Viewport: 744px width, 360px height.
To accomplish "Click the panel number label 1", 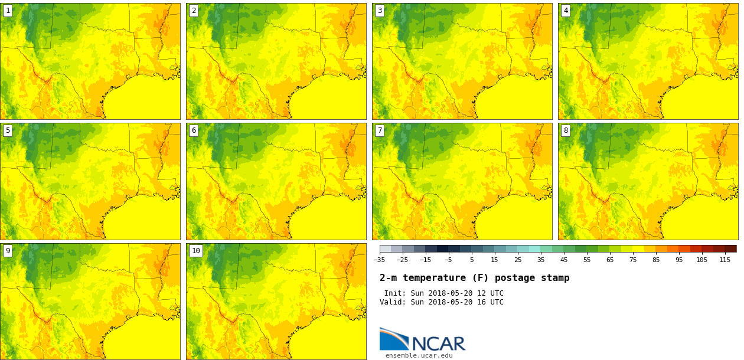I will click(x=8, y=11).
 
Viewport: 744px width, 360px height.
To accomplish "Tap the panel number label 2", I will click(x=194, y=11).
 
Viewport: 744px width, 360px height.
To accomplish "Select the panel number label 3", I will click(x=380, y=11).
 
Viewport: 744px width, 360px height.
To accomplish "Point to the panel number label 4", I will click(x=566, y=11).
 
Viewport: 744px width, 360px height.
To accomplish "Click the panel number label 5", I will click(x=8, y=130).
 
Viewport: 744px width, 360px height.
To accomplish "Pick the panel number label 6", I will click(x=194, y=130).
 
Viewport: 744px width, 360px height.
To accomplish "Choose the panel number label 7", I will click(x=380, y=130).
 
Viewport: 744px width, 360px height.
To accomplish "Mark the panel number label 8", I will click(x=566, y=130).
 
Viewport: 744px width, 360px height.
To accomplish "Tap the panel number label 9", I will click(x=8, y=251).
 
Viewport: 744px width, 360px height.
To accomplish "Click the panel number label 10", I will click(x=195, y=251).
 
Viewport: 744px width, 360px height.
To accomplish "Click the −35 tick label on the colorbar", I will click(x=379, y=260).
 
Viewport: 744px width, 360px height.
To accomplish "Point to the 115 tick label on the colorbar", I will click(x=725, y=260).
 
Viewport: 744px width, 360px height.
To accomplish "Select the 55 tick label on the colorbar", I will click(x=587, y=260).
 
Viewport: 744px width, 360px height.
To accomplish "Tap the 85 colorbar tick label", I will click(x=656, y=260).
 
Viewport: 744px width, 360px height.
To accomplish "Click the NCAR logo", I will click(x=422, y=340).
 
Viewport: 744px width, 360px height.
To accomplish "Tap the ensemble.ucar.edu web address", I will click(x=419, y=355).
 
